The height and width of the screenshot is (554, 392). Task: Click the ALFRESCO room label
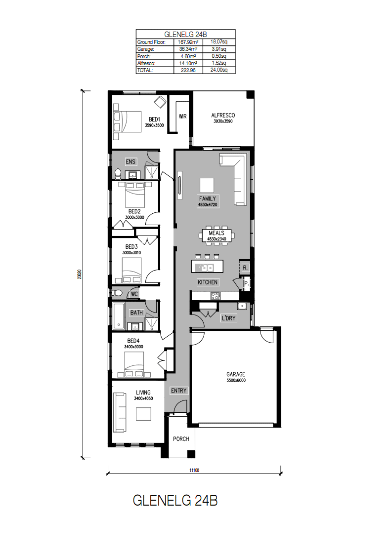pos(223,115)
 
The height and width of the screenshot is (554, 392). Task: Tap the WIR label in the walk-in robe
pos(182,116)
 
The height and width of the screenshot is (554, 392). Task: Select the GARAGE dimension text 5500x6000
pos(236,380)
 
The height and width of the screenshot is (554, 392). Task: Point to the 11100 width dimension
pos(194,470)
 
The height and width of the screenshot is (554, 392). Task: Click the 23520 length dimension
pos(80,275)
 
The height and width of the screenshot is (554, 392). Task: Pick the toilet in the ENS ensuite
pos(118,173)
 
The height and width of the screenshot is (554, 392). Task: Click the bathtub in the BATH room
pos(119,316)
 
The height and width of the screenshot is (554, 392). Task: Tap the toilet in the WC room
pos(117,293)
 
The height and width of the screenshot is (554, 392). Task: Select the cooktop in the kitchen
pos(216,295)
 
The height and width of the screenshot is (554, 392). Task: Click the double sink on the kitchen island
pos(206,268)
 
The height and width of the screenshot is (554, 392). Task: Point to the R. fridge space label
pos(245,268)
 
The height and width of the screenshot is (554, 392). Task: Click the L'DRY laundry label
pos(228,318)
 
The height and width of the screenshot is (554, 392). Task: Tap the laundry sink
pos(242,306)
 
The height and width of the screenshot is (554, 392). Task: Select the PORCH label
pos(181,439)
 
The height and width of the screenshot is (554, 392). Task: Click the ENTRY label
pos(178,391)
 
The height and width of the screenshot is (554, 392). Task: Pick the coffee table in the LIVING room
pos(144,414)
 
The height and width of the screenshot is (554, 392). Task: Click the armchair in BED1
pos(160,102)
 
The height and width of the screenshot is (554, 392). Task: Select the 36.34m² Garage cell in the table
pos(188,49)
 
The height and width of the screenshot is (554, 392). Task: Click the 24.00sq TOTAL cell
pos(219,70)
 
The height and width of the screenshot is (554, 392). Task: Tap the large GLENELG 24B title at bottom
pos(175,500)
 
